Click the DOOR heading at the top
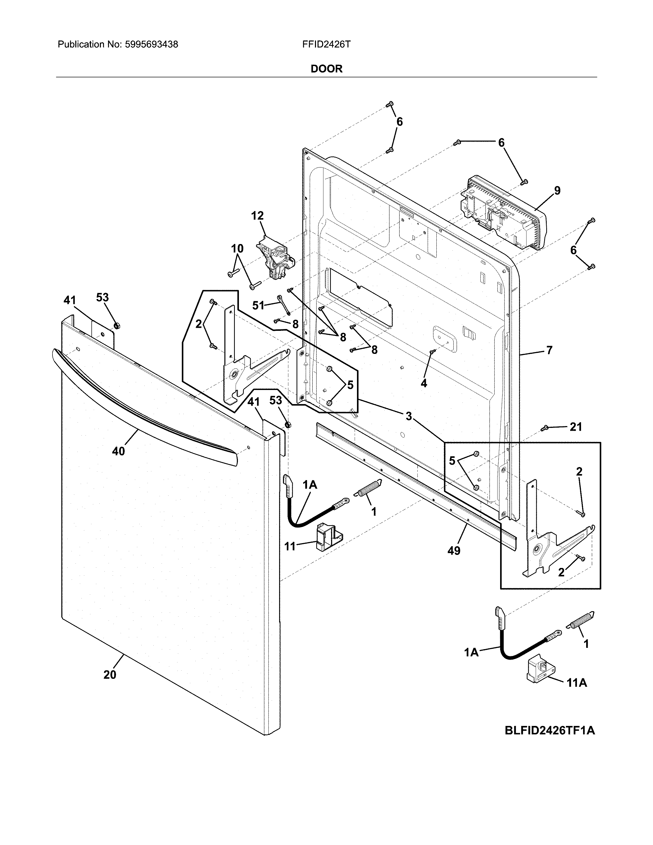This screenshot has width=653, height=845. click(327, 69)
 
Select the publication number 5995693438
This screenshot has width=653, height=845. click(151, 45)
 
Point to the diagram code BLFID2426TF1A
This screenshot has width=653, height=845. click(549, 731)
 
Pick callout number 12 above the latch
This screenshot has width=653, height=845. click(257, 216)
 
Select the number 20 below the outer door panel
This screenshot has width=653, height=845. click(110, 675)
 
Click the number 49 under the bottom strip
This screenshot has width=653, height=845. click(454, 551)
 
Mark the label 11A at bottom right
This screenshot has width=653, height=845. click(576, 683)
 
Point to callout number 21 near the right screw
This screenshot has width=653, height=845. click(576, 427)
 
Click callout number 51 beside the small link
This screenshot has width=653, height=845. click(258, 305)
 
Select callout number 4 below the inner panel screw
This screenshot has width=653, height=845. click(424, 383)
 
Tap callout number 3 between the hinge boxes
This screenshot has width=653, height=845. click(408, 416)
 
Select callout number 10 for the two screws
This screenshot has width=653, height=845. click(237, 248)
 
